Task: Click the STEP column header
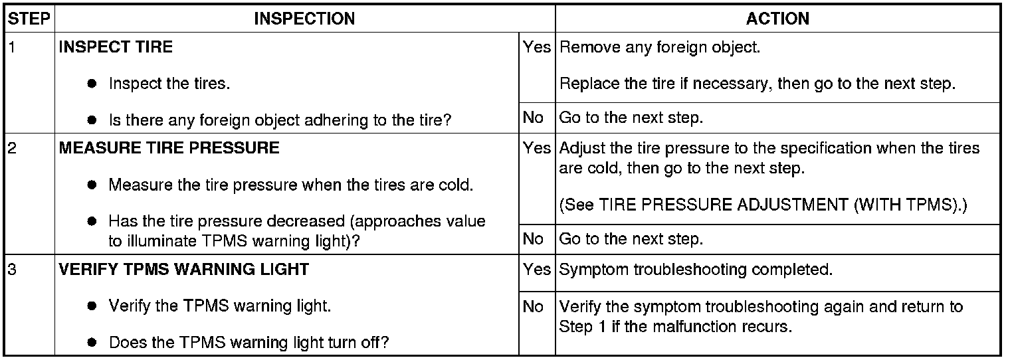pyautogui.click(x=29, y=19)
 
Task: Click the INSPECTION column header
pyautogui.click(x=304, y=19)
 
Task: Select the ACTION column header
pyautogui.click(x=777, y=19)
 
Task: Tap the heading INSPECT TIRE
pyautogui.click(x=116, y=47)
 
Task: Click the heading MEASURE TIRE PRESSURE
pyautogui.click(x=169, y=148)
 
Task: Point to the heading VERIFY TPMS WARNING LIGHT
pyautogui.click(x=184, y=270)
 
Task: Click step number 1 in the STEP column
pyautogui.click(x=11, y=47)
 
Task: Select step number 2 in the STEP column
pyautogui.click(x=11, y=148)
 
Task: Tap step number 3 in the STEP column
pyautogui.click(x=11, y=270)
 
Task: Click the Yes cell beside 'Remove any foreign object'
pyautogui.click(x=536, y=48)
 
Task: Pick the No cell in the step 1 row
pyautogui.click(x=533, y=118)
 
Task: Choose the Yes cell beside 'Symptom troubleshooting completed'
pyautogui.click(x=536, y=270)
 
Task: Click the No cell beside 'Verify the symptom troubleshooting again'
pyautogui.click(x=533, y=307)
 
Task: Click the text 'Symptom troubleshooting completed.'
pyautogui.click(x=696, y=270)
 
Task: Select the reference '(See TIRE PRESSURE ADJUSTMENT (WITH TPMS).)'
pyautogui.click(x=763, y=205)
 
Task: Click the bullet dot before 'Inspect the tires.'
pyautogui.click(x=92, y=84)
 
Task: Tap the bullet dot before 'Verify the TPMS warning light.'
pyautogui.click(x=92, y=307)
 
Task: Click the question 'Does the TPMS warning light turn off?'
pyautogui.click(x=249, y=343)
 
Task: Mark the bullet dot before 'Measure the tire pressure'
pyautogui.click(x=92, y=185)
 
